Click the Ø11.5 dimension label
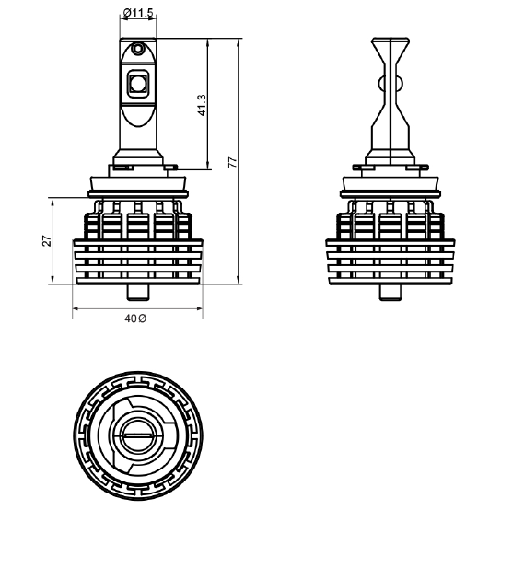pos(138,13)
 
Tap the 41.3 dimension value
pos(202,105)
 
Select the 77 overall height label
pos(232,162)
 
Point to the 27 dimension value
pos(47,241)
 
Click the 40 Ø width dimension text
pos(135,319)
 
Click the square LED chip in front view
pos(138,84)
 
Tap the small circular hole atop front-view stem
pos(138,48)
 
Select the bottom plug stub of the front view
pos(138,293)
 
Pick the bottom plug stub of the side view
pos(390,293)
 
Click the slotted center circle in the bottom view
pos(138,435)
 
